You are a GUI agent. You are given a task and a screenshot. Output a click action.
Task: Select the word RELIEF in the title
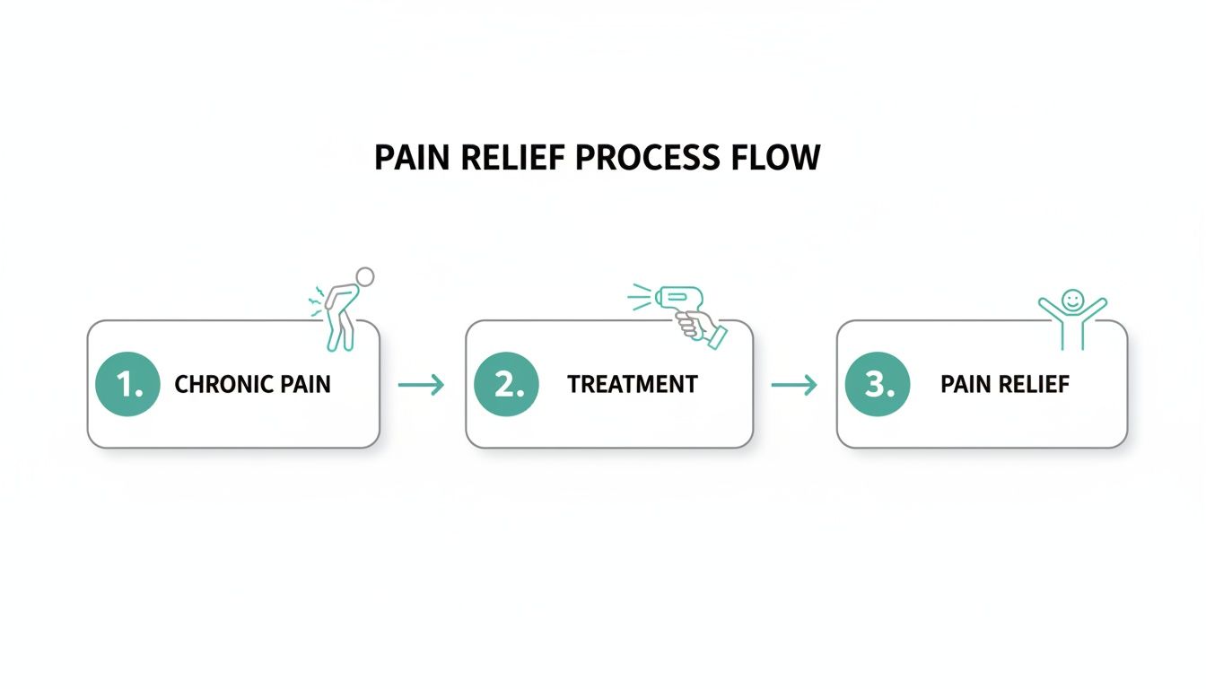tap(511, 158)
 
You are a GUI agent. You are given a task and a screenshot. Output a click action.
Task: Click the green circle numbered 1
tap(127, 384)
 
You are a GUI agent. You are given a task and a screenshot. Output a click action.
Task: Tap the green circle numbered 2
tap(506, 384)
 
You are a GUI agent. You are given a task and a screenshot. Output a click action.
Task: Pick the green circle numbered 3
tap(878, 384)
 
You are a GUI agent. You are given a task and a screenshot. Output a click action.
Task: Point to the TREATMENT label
tap(632, 385)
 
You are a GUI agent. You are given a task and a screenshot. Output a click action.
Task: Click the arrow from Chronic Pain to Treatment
tap(421, 385)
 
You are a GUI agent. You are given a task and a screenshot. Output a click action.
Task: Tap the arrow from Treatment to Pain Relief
tap(794, 385)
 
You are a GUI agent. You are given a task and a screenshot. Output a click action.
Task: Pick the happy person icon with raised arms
tap(1072, 318)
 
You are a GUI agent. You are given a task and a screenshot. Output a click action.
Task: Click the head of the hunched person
tap(364, 276)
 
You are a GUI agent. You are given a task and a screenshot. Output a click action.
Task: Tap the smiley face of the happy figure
tap(1072, 299)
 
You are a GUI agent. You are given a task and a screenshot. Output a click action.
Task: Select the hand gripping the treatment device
tap(700, 328)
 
